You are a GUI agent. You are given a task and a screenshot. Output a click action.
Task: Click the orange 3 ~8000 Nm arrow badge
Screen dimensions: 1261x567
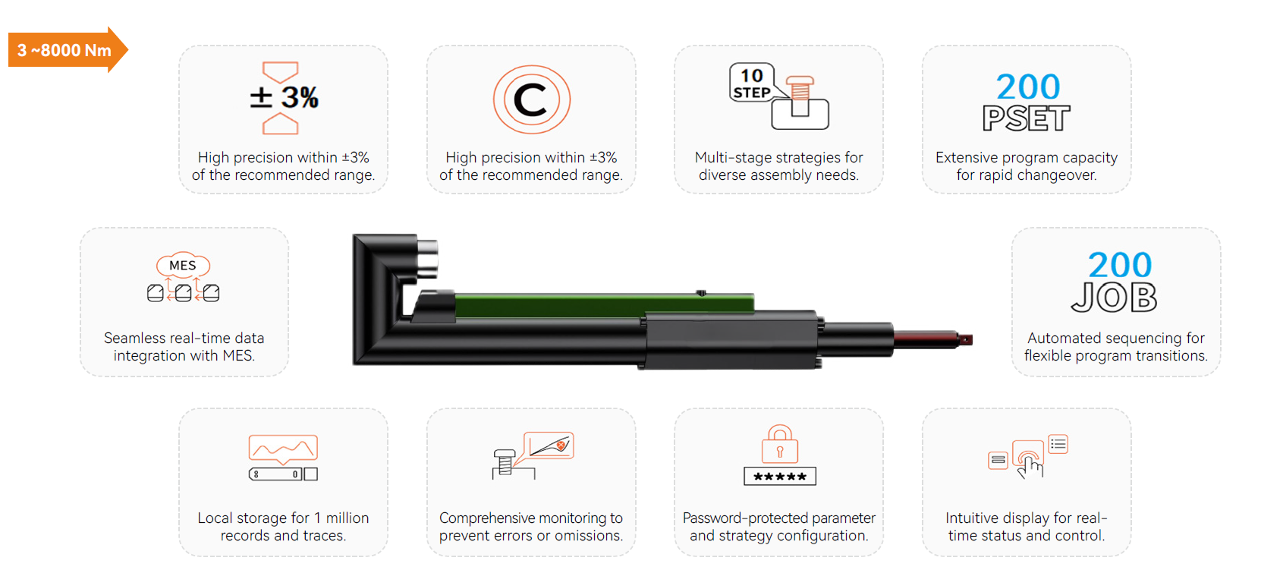68,50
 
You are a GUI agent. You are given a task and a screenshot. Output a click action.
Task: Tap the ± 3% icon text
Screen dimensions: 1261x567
285,97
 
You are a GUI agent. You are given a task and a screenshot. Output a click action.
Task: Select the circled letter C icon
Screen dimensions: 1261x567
531,99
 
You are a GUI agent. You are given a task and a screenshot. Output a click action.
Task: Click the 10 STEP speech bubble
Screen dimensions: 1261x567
752,83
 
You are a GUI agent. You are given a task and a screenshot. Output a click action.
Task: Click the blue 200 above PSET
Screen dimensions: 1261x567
1028,87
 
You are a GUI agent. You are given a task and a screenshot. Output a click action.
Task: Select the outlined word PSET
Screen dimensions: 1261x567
1027,118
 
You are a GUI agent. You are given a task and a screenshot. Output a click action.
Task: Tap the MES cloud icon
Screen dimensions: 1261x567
183,265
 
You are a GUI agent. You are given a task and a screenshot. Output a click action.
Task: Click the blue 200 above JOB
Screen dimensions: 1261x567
1120,265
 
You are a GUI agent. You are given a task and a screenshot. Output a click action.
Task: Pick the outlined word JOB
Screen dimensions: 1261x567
1114,297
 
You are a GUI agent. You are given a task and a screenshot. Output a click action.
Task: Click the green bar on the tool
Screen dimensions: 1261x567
604,304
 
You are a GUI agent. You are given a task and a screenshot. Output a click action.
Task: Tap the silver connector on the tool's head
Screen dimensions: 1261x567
427,258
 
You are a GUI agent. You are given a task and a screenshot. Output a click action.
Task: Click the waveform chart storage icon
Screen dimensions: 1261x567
283,457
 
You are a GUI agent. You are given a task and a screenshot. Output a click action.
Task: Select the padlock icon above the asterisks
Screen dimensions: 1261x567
780,444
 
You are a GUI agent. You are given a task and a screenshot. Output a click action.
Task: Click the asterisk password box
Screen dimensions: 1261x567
780,477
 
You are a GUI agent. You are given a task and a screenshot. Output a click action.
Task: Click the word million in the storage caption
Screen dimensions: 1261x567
347,518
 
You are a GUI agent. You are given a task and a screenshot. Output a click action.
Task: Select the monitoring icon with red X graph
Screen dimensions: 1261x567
533,455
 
